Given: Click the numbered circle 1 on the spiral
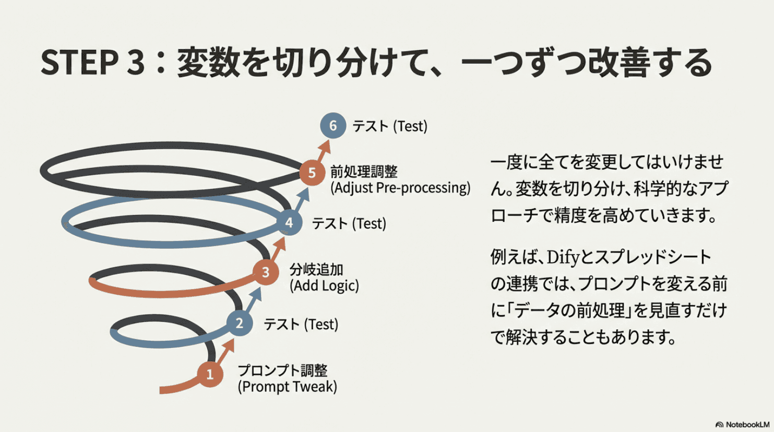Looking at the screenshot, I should point(210,374).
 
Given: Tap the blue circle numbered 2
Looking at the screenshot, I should point(240,323).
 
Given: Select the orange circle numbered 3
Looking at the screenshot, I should point(266,272).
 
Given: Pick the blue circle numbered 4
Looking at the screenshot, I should point(289,223).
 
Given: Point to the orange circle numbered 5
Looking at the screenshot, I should point(312,173).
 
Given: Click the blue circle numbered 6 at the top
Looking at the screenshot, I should point(333,126).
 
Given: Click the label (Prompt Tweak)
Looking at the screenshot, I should point(287,387).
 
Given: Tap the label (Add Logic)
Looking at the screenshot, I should point(324,286).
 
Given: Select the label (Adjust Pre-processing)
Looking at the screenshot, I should point(400,188).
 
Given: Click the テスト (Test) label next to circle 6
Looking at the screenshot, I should point(390,126).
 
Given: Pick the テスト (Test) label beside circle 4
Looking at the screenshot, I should point(349,224).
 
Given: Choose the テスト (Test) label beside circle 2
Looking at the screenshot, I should point(301,325).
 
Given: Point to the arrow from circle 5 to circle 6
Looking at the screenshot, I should point(323,151).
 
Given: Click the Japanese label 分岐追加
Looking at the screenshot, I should point(316,270).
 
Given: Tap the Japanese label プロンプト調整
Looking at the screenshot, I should point(282,370).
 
